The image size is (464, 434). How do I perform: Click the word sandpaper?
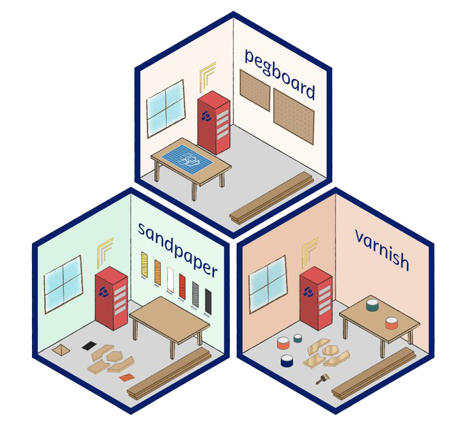tap(177, 249)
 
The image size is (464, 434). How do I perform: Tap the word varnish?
tap(381, 250)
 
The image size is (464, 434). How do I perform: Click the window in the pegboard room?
tap(166, 108)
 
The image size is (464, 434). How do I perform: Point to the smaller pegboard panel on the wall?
tap(255, 89)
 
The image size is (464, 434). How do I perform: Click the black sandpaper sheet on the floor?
tap(88, 346)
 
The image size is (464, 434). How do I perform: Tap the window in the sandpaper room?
tap(63, 283)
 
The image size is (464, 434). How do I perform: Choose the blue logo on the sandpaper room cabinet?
tap(104, 292)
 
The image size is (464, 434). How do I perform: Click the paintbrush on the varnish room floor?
tap(321, 379)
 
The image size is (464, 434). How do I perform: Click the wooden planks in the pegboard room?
tap(271, 197)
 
